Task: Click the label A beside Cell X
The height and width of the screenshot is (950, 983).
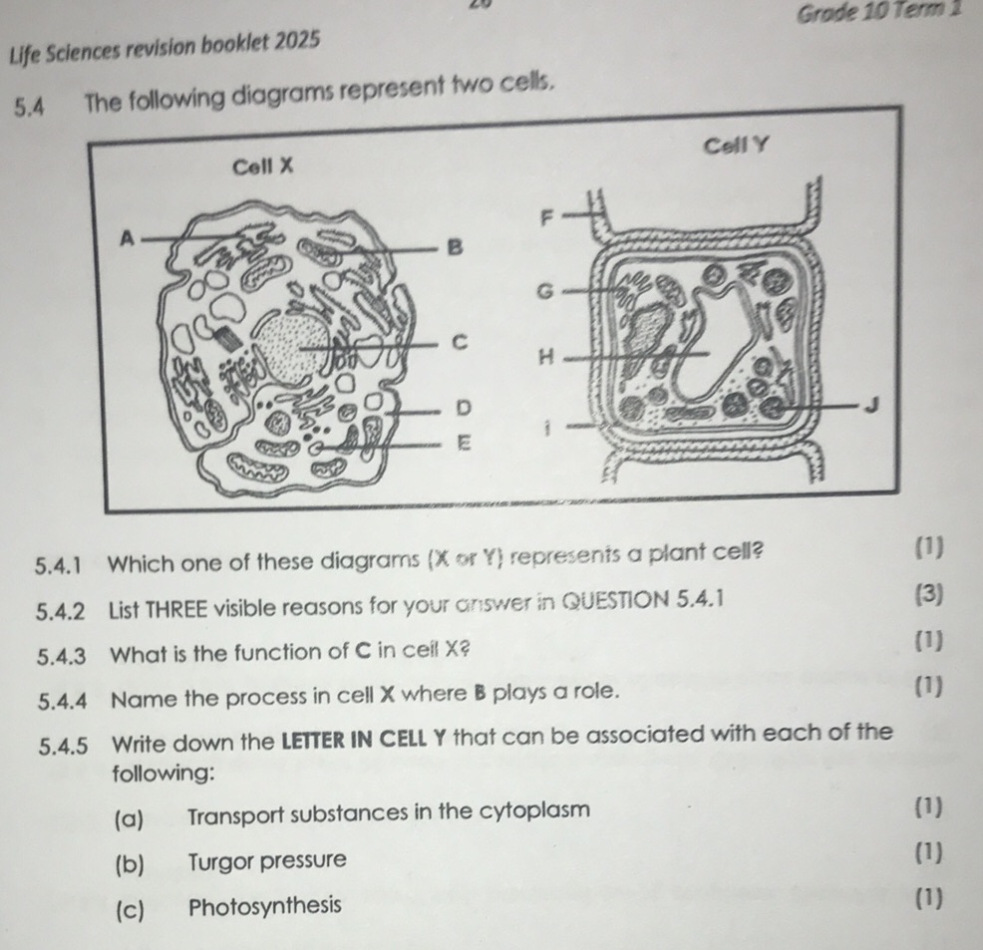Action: (x=127, y=238)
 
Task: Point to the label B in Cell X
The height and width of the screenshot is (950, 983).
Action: (x=455, y=247)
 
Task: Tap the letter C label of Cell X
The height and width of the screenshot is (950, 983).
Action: (x=460, y=342)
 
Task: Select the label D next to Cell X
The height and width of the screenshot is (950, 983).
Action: (x=462, y=408)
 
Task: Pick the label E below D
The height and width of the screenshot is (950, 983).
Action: (x=462, y=442)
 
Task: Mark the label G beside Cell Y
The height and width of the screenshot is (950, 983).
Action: (x=544, y=291)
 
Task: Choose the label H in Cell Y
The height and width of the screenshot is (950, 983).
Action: (x=544, y=356)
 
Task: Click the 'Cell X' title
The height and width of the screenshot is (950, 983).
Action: (x=262, y=166)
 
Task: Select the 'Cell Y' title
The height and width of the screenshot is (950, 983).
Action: (x=737, y=147)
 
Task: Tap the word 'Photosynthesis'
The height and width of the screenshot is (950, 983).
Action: (x=264, y=906)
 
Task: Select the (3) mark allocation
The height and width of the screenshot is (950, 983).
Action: (x=928, y=596)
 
